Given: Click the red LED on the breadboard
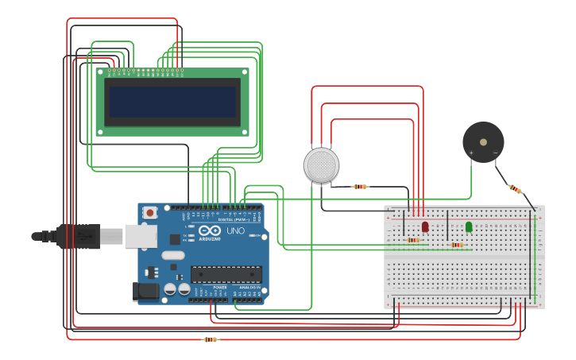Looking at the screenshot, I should tap(425, 226).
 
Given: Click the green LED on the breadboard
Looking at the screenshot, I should tap(469, 226).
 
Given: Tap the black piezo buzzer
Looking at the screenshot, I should tap(483, 141).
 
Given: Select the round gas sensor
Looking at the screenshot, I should tap(321, 165).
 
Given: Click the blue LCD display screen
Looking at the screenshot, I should tap(173, 102).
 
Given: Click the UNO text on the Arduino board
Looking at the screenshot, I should tap(236, 231).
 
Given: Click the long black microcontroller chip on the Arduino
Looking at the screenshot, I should tap(226, 274).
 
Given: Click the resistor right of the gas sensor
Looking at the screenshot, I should tap(361, 187).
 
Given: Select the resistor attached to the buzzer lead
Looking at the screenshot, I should tap(516, 189).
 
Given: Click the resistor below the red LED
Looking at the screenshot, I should tap(413, 239).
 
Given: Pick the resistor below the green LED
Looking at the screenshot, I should tap(457, 245).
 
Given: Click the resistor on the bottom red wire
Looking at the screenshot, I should tap(210, 339).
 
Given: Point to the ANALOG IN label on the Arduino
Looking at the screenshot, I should tap(249, 287).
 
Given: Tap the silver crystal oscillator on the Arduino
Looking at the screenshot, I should tap(172, 256).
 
